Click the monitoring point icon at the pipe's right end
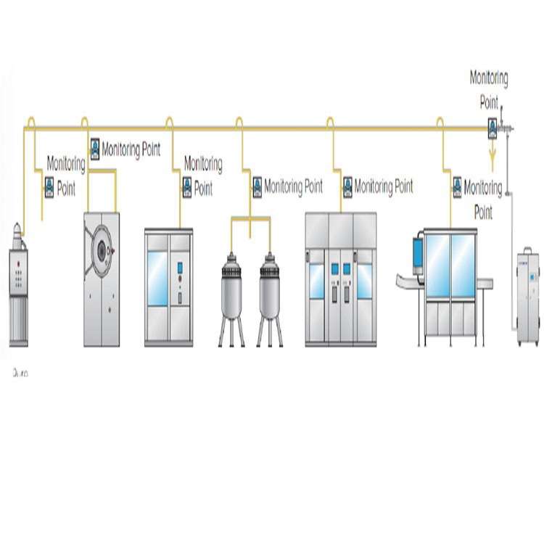[492, 128]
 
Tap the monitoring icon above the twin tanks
[257, 187]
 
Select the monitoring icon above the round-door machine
[94, 149]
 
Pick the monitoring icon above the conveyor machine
[457, 187]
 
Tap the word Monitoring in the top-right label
[489, 77]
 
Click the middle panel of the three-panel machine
[340, 279]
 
